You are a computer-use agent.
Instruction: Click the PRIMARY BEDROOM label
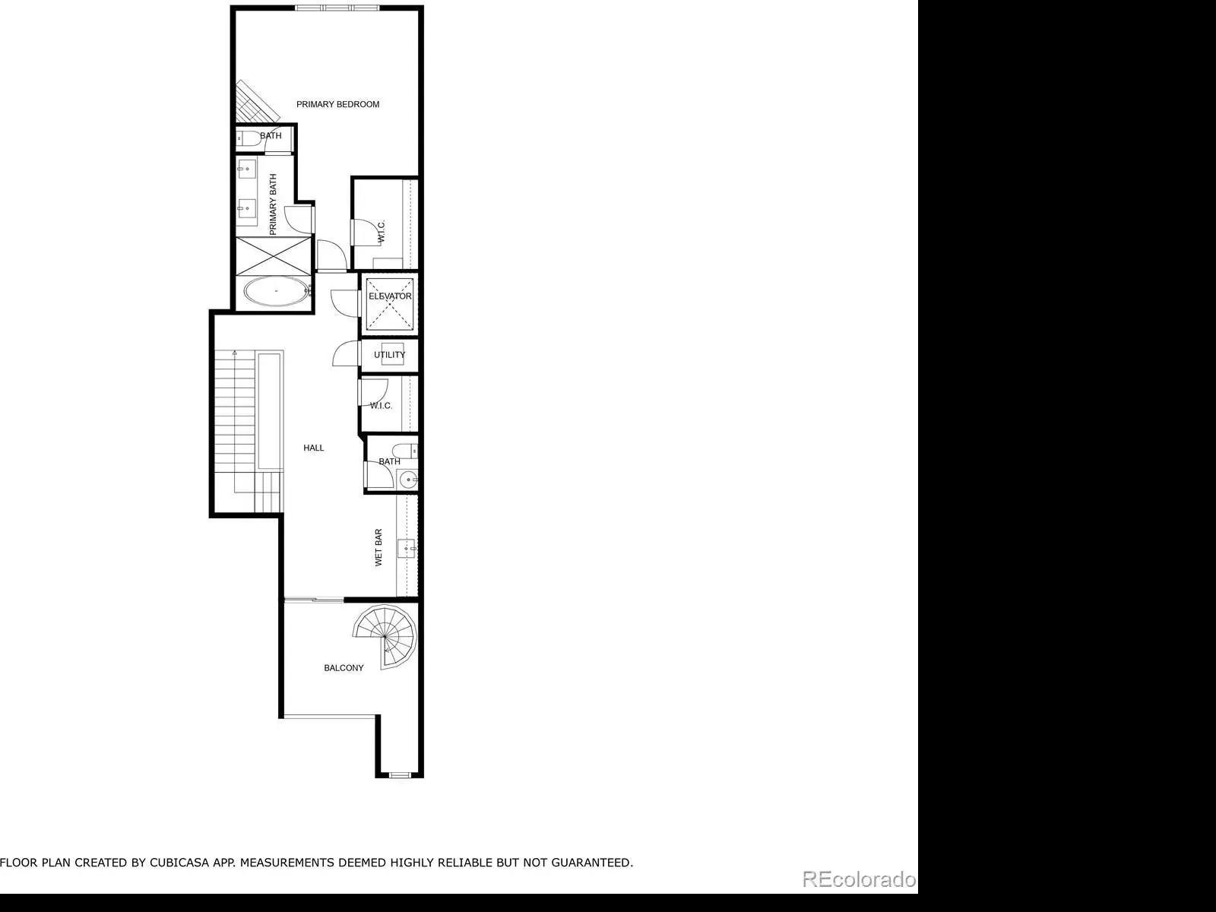(337, 104)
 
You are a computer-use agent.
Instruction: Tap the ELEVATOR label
(390, 296)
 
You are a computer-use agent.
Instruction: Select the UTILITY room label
(389, 355)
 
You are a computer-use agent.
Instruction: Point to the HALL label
(314, 448)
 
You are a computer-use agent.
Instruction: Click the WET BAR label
(379, 548)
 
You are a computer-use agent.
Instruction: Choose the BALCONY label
(344, 668)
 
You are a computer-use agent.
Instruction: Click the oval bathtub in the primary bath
(275, 291)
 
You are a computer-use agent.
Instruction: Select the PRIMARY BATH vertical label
(273, 204)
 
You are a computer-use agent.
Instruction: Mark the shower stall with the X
(274, 256)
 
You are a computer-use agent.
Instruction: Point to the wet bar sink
(406, 548)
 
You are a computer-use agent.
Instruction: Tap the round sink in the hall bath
(409, 480)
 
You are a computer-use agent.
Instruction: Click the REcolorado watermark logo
(859, 879)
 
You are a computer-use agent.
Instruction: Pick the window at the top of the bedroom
(337, 8)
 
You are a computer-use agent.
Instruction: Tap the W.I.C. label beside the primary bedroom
(382, 232)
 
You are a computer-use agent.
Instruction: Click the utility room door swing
(346, 353)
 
